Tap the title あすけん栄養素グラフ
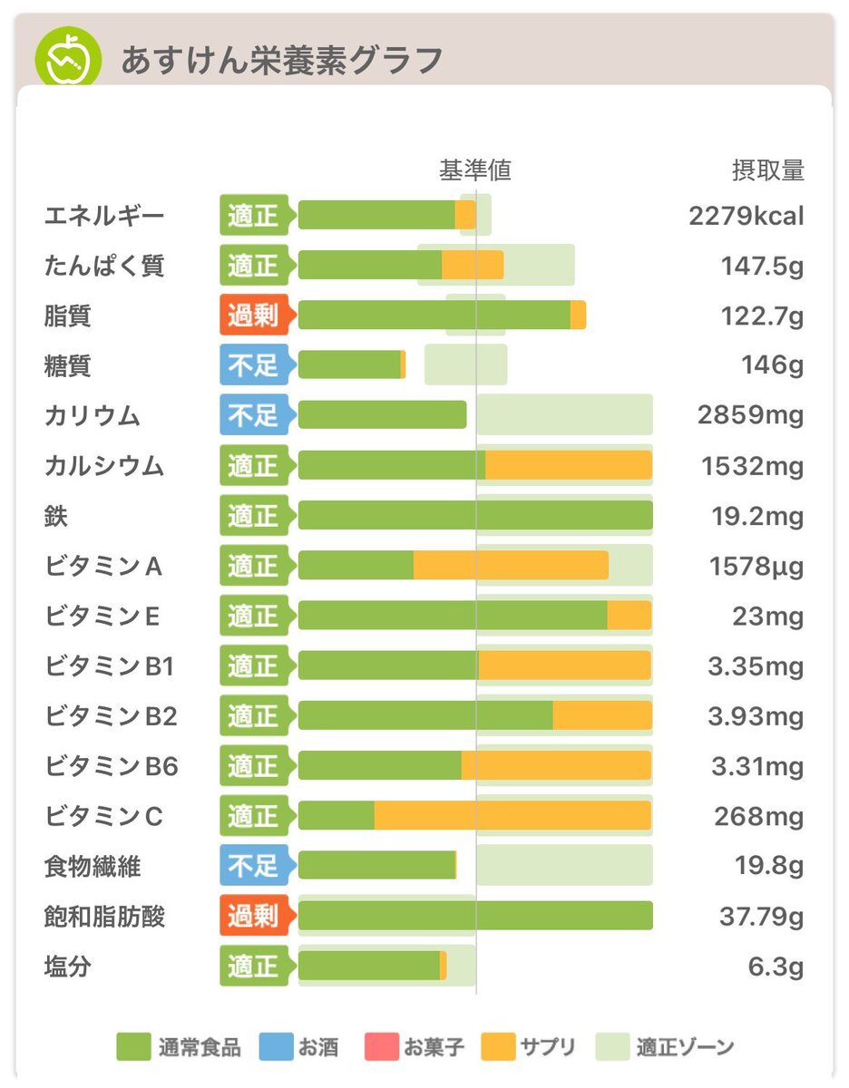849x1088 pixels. click(x=282, y=61)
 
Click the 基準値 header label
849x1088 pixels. click(x=475, y=170)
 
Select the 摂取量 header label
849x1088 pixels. click(x=767, y=170)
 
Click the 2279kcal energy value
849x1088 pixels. click(x=746, y=217)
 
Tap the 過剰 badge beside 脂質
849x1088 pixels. click(x=253, y=316)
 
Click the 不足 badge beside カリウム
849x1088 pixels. click(x=253, y=415)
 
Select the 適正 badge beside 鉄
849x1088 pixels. click(x=253, y=516)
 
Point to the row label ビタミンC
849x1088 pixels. click(x=103, y=816)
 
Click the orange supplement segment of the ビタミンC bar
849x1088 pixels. click(x=512, y=816)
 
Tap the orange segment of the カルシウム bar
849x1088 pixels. click(x=569, y=465)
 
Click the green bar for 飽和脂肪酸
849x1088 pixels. click(x=475, y=916)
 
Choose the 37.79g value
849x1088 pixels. click(x=761, y=917)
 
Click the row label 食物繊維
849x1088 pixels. click(x=93, y=866)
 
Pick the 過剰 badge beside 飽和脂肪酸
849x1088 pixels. click(x=253, y=916)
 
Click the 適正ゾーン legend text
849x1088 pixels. click(x=685, y=1048)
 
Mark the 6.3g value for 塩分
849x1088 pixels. click(x=776, y=967)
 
